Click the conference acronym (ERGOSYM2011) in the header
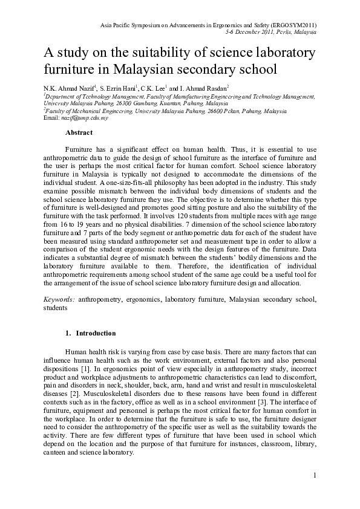click(x=292, y=25)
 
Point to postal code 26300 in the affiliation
click(x=129, y=103)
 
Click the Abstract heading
click(x=79, y=132)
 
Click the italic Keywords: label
click(x=59, y=299)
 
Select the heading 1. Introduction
click(x=90, y=333)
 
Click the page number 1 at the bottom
click(x=315, y=475)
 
